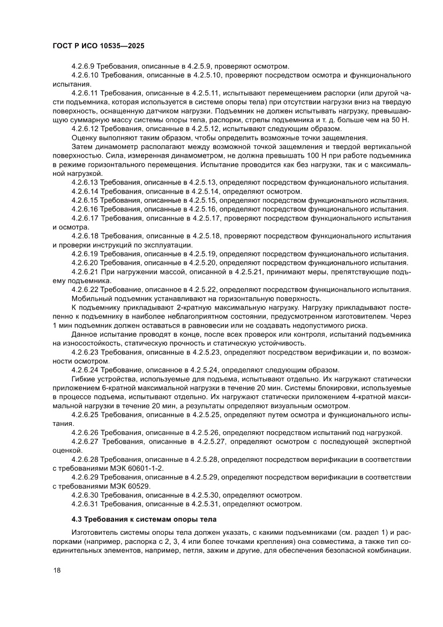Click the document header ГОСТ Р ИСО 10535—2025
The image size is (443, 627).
[x=99, y=47]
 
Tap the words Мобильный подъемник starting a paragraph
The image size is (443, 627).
[x=109, y=299]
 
